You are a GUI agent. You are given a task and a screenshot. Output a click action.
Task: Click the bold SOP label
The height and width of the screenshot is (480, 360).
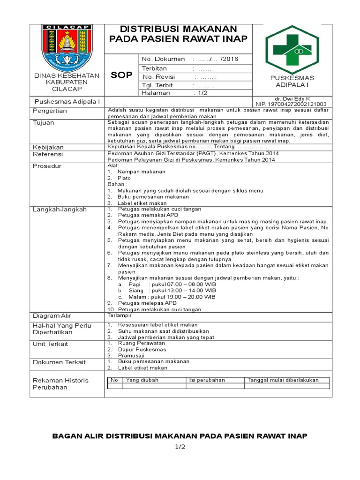coord(121,75)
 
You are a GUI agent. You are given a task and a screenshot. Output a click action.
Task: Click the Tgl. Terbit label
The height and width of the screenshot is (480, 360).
coord(157,85)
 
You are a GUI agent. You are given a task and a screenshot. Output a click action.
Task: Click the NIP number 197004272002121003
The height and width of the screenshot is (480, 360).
coord(291,104)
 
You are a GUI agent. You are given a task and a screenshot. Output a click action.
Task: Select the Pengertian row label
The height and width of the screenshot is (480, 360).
coord(50,111)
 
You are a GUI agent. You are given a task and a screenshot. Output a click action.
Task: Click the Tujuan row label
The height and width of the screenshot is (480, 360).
coord(43,123)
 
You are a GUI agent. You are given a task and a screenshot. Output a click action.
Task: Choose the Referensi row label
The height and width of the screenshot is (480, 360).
coord(48,154)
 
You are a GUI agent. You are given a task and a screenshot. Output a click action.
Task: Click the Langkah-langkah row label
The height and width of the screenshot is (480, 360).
coord(60,210)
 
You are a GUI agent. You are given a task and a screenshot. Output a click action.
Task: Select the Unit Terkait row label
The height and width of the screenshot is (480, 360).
coord(50,344)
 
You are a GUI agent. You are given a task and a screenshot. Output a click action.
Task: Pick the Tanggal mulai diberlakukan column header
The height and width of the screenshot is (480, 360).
coord(283,380)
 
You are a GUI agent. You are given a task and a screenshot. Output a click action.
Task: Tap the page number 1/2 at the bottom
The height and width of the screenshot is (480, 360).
coord(180,447)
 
